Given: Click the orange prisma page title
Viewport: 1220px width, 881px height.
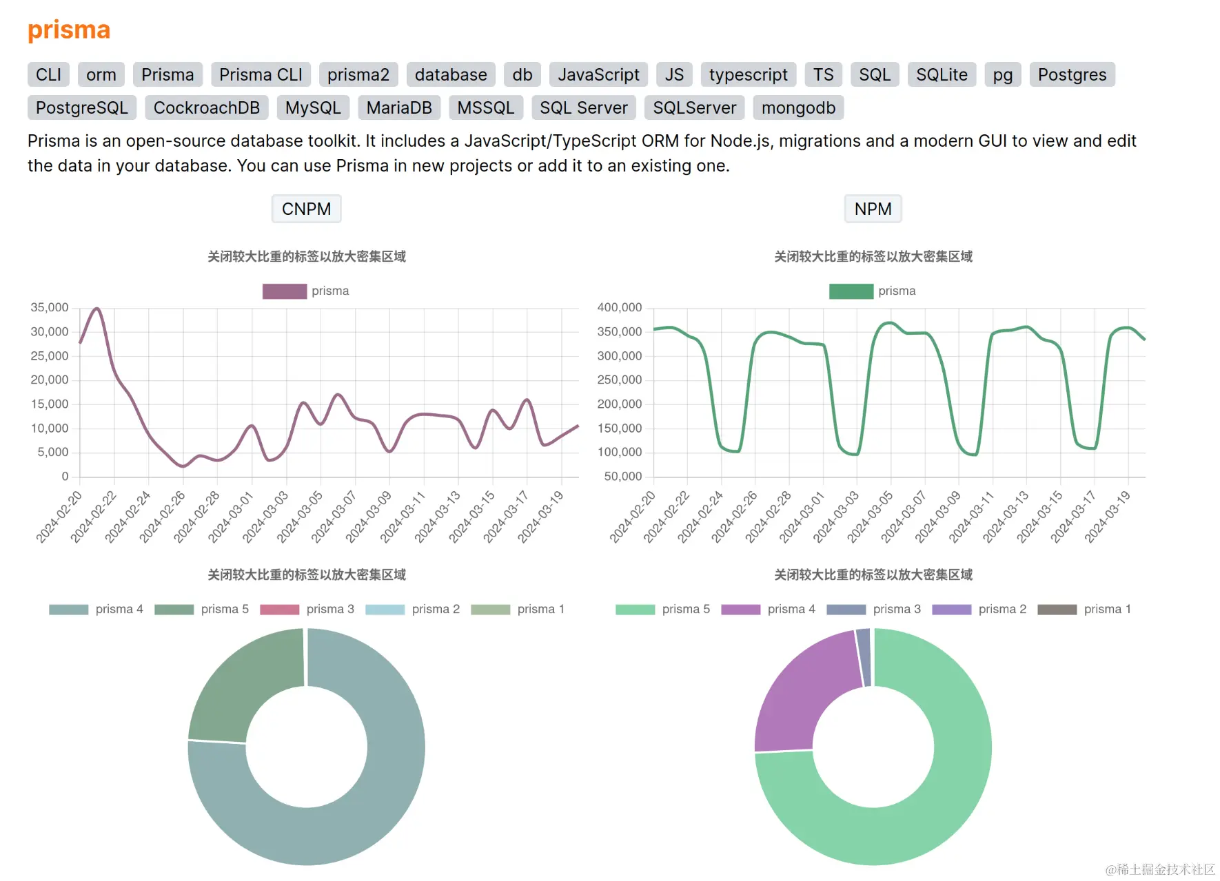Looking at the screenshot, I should click(x=69, y=30).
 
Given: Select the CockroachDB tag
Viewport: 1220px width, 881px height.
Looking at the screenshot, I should click(x=206, y=108).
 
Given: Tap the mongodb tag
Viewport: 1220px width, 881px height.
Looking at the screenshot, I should click(x=798, y=108).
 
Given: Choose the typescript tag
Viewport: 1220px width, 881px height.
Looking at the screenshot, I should click(x=748, y=75).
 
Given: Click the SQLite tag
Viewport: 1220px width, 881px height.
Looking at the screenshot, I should click(x=942, y=75).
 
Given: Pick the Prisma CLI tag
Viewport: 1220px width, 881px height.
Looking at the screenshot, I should click(x=261, y=75).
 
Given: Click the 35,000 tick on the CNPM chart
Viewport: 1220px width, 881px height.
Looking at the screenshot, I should click(x=50, y=308).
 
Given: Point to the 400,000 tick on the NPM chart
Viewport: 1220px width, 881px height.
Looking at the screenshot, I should click(x=619, y=308).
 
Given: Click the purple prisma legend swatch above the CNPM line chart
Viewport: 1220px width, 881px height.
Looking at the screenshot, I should click(x=284, y=291).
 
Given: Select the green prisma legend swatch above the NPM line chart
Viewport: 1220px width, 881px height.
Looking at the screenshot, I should click(x=851, y=291).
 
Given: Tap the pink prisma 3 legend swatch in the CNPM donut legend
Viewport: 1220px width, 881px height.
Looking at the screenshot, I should click(x=279, y=610).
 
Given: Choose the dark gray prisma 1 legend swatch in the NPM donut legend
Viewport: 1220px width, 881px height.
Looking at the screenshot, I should click(x=1057, y=610).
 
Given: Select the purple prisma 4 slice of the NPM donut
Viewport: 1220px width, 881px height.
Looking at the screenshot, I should click(x=803, y=696).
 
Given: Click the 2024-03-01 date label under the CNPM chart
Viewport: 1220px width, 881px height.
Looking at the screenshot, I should click(x=232, y=517).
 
